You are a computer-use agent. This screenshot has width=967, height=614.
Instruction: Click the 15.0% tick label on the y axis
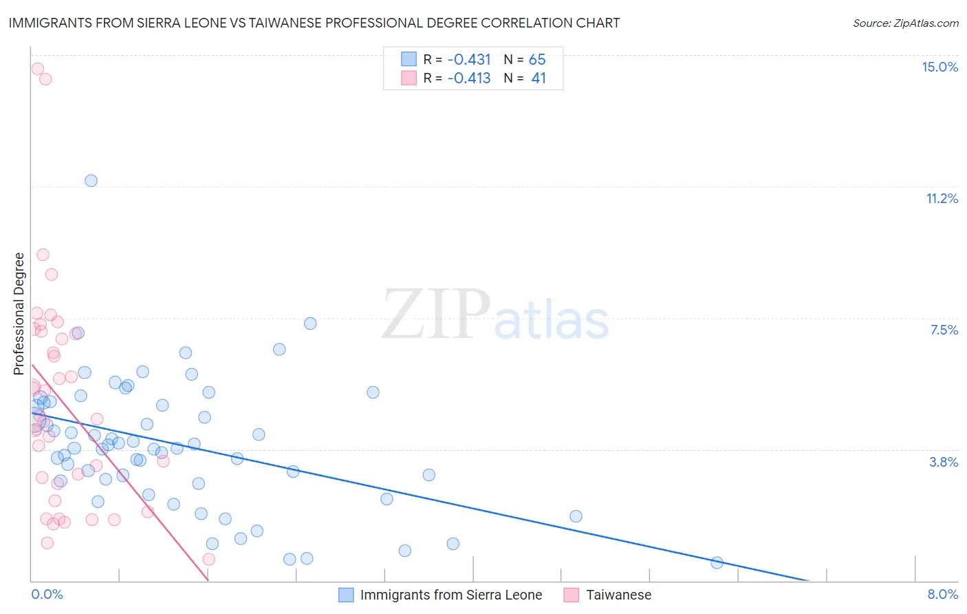point(939,67)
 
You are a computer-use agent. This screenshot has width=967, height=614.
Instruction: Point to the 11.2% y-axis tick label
point(942,198)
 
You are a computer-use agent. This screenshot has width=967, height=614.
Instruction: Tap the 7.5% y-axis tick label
point(944,330)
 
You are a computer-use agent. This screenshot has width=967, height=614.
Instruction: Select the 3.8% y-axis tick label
point(944,462)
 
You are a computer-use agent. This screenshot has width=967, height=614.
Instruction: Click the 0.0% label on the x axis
point(47,594)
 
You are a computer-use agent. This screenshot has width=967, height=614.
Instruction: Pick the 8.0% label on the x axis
point(942,594)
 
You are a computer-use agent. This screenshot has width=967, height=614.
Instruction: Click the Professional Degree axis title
point(19,313)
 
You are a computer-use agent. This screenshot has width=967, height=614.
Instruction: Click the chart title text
point(314,23)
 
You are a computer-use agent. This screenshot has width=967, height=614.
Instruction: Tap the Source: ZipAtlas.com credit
point(905,23)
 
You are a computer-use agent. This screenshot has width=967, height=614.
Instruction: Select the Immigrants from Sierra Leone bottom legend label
point(450,595)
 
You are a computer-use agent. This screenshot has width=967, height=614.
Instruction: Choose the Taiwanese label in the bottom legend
point(618,595)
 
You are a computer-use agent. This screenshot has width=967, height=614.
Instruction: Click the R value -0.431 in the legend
point(469,59)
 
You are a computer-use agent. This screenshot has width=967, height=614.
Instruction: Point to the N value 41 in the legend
point(539,78)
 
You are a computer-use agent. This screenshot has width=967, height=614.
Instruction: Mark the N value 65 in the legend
point(537,59)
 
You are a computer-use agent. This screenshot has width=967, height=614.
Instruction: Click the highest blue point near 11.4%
point(91,180)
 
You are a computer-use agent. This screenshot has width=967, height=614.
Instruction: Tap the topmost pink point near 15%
point(38,69)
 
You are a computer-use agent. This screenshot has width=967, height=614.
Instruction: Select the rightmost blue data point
point(717,562)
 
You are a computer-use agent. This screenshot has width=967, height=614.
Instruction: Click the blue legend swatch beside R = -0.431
point(409,59)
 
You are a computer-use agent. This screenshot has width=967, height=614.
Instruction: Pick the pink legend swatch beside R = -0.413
point(409,78)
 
